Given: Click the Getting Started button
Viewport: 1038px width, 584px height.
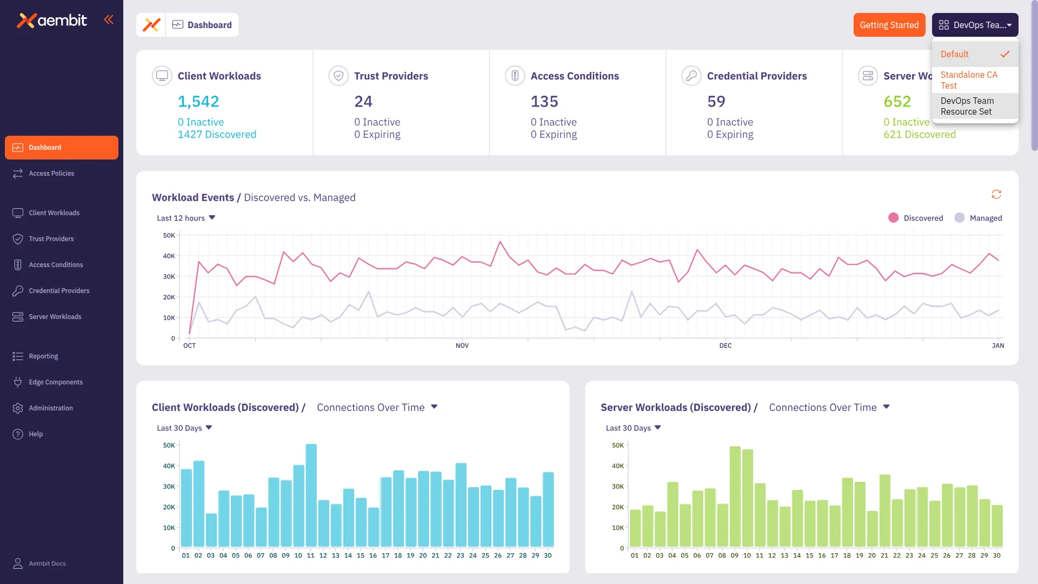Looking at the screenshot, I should tap(889, 25).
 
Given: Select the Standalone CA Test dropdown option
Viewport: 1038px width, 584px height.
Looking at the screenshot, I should tap(968, 80).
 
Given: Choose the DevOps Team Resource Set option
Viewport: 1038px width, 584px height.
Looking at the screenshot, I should tap(967, 106).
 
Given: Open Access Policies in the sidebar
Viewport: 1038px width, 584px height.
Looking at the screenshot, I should tap(51, 174).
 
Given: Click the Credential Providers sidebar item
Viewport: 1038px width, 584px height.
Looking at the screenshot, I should tap(59, 291).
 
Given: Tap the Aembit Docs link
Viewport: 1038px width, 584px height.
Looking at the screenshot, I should tap(47, 563).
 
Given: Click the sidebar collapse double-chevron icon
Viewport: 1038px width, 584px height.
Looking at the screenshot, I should tap(109, 20).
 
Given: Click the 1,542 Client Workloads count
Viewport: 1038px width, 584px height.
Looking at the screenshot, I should tap(198, 102).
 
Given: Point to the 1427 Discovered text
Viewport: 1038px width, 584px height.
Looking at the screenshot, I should tap(217, 135).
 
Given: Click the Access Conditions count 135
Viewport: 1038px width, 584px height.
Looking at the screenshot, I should tap(544, 102).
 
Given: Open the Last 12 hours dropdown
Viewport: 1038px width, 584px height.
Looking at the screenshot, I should tap(186, 218).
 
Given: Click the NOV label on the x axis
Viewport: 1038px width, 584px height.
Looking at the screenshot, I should tap(462, 346).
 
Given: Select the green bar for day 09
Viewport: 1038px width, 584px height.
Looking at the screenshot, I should tap(735, 496).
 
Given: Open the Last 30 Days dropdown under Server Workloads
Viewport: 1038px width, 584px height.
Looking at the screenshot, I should tap(633, 428).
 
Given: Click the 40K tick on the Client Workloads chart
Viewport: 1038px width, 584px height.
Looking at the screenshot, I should tap(169, 466).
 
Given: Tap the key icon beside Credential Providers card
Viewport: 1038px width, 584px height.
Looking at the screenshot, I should tap(691, 76).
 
